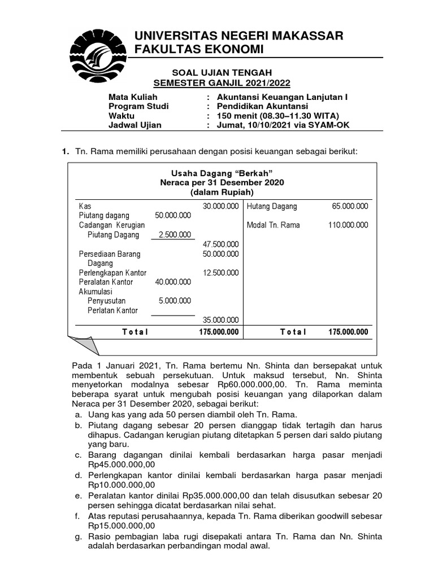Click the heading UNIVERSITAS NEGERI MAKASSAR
pos(238,36)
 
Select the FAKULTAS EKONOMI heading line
pos(198,50)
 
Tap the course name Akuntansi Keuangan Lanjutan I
pos(283,97)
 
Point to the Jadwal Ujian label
pos(134,125)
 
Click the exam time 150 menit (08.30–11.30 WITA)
pos(279,116)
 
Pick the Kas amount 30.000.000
pos(220,206)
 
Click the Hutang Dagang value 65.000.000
pos(350,206)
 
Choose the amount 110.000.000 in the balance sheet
pos(348,225)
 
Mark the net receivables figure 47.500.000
pos(220,244)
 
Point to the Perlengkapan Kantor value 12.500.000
pos(220,273)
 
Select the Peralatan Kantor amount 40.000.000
pos(172,282)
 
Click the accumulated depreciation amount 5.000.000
pos(175,301)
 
